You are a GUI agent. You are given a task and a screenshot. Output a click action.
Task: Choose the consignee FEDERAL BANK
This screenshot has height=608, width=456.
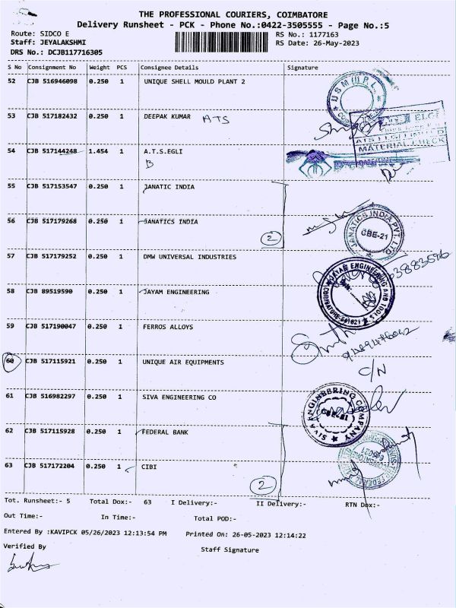point(166,432)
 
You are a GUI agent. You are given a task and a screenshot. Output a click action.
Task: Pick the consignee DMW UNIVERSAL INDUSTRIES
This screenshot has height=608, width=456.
point(189,257)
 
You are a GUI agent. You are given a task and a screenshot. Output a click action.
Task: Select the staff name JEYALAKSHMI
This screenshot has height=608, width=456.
point(62,43)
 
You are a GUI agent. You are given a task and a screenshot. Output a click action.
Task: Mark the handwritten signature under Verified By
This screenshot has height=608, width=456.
point(24,565)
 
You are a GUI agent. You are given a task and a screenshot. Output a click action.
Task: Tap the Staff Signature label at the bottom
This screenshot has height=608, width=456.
point(230,549)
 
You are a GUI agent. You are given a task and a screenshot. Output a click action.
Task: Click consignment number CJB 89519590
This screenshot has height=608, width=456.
point(52,292)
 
